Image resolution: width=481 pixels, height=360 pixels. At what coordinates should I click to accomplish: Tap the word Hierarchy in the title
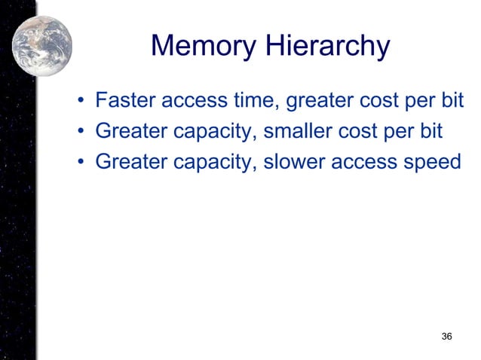[326, 47]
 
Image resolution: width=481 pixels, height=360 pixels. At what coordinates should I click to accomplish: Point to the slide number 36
[446, 335]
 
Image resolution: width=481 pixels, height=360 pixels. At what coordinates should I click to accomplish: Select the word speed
[432, 163]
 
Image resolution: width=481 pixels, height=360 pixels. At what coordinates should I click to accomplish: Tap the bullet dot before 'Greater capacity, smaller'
[80, 133]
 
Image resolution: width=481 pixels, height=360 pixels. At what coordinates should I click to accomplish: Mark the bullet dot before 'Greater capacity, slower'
[80, 162]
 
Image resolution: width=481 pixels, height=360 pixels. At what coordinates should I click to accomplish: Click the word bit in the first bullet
[450, 102]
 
